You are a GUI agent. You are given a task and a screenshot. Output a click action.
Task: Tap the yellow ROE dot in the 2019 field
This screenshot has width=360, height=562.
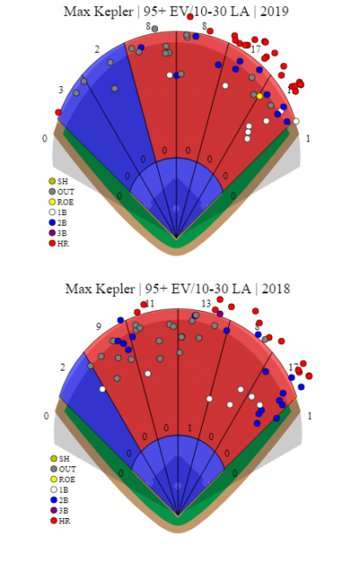(x=259, y=95)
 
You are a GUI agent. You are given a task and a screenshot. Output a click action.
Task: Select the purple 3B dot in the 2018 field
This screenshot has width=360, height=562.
(x=220, y=313)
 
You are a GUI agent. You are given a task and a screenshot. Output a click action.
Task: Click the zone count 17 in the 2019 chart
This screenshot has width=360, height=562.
(x=256, y=49)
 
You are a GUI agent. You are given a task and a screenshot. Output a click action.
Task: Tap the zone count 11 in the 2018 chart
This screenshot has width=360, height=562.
(x=150, y=304)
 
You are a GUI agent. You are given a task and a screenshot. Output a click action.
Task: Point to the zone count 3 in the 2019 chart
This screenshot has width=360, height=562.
(x=61, y=90)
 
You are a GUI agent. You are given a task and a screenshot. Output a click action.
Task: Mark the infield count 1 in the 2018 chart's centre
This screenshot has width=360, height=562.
(x=189, y=428)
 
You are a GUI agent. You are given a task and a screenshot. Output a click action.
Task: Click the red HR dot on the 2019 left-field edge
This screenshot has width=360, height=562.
(x=58, y=112)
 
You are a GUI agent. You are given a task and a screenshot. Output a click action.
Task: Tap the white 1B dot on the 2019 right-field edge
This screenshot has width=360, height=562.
(x=296, y=121)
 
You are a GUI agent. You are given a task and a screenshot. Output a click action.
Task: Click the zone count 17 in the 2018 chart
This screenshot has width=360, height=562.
(x=293, y=367)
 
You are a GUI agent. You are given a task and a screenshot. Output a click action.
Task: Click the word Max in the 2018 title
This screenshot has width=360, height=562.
(x=79, y=288)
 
